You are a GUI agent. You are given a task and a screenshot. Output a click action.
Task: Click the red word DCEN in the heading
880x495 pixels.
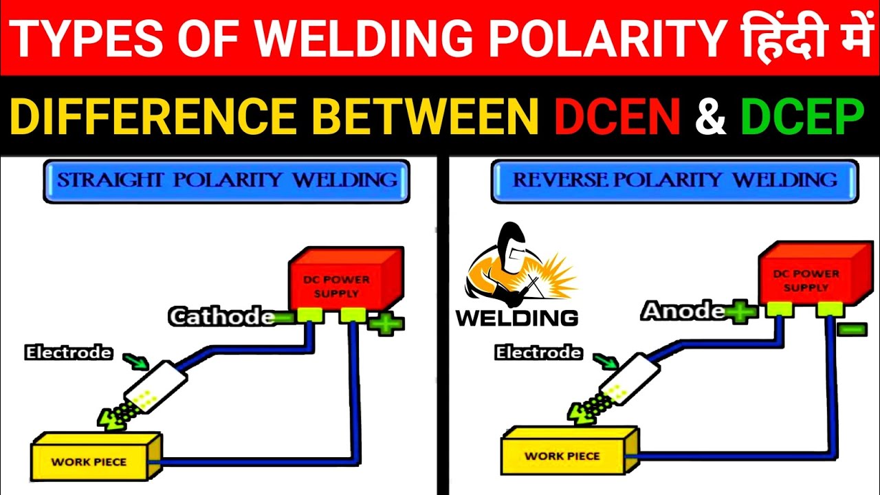coord(617,117)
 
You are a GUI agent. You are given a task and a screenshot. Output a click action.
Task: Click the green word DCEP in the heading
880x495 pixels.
coord(802,117)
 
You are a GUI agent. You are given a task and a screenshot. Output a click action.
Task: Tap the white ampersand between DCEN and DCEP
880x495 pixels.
coord(710,117)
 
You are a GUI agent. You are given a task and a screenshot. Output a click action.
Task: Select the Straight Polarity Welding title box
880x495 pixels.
coord(226,181)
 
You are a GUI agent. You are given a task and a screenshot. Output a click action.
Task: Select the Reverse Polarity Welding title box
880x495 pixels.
coord(674,181)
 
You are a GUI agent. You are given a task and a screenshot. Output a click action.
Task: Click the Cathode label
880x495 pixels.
coord(221,317)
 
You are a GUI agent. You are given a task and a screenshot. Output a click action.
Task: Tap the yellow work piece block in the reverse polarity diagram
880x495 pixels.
coord(562,455)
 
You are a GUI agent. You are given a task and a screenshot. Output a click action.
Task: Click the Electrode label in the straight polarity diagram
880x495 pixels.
coord(68,353)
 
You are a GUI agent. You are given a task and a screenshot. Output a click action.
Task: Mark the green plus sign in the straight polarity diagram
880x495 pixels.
coord(386,324)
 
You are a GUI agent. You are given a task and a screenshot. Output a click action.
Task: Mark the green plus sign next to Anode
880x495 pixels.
coord(740,313)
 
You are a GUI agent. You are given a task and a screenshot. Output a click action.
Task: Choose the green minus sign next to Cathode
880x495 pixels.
coord(283,317)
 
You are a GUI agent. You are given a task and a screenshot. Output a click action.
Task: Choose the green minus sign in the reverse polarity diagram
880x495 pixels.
coord(852,329)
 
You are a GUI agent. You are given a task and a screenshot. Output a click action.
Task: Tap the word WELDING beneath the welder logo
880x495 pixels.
coord(516,318)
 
